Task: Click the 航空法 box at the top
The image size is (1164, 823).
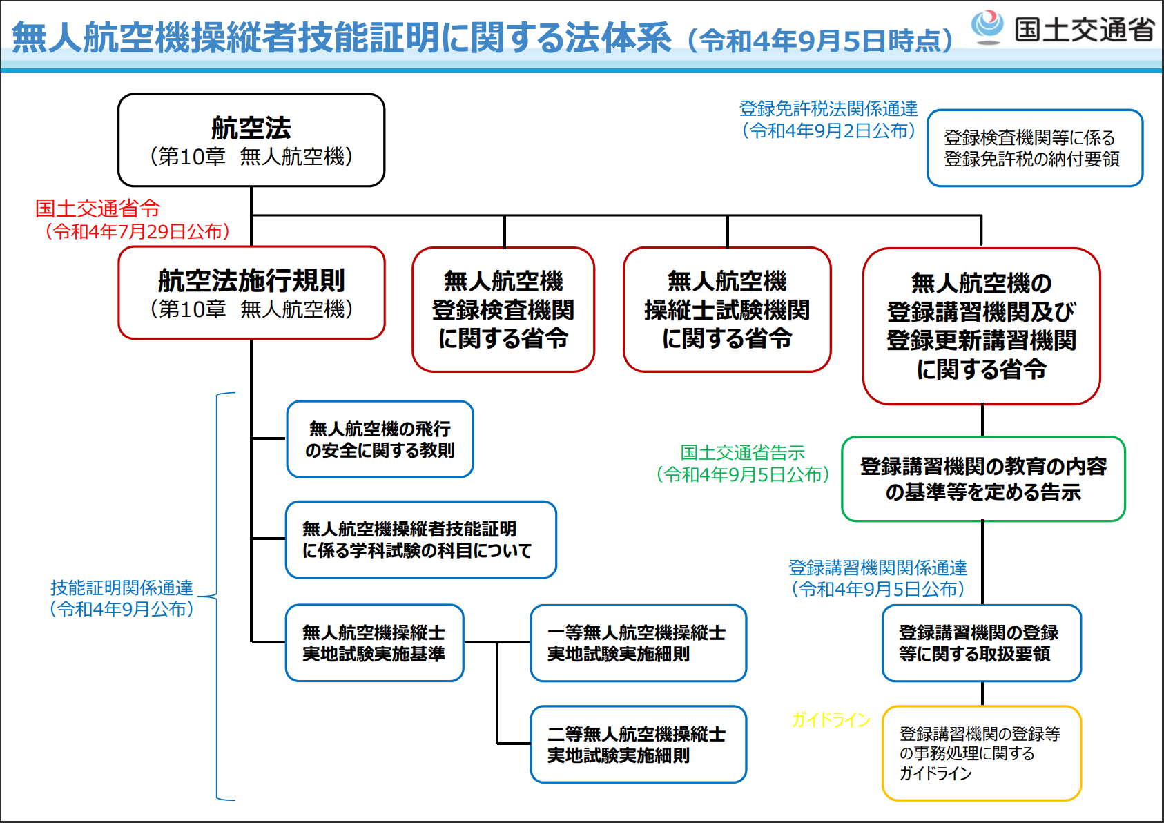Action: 251,140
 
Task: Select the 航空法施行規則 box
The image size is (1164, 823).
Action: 251,293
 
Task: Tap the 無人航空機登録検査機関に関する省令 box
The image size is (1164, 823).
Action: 503,309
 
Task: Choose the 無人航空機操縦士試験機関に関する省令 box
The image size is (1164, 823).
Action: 727,309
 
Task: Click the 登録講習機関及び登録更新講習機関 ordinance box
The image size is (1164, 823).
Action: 981,326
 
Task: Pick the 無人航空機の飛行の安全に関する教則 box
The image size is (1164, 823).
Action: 380,439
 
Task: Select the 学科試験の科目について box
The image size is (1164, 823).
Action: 420,539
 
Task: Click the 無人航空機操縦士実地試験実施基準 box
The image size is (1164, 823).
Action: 374,643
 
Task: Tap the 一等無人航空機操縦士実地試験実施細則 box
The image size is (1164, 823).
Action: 638,643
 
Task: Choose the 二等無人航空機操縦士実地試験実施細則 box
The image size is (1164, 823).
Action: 638,744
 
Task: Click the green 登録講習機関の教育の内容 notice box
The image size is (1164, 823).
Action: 983,478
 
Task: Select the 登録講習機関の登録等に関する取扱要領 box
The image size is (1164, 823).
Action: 981,643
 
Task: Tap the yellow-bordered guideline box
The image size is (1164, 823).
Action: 981,753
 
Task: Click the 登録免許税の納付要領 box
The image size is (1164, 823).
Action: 1034,148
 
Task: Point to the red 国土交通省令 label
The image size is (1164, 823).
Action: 98,208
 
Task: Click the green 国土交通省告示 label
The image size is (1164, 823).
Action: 743,453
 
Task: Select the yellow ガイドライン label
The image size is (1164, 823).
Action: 831,720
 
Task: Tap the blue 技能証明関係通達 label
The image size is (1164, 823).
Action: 122,588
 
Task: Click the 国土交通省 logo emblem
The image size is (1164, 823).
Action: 987,27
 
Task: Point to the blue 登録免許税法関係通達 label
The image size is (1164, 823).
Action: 828,108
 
